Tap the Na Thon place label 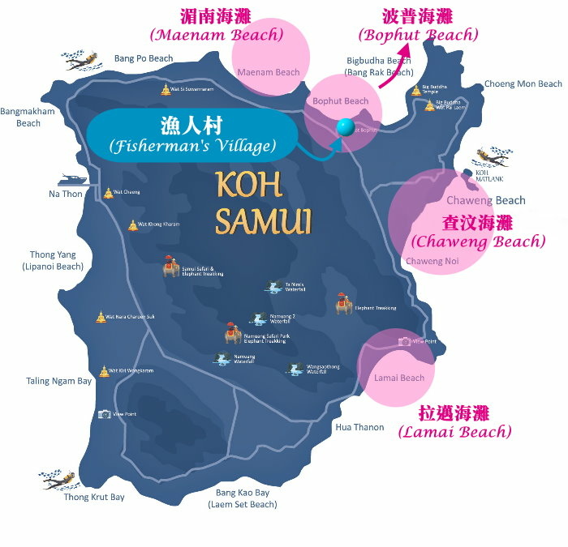point(65,194)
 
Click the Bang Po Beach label point(144,58)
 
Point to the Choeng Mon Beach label point(523,84)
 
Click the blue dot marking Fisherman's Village point(346,127)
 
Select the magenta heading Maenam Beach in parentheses point(216,35)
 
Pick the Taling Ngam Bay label point(59,381)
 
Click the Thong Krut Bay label point(94,497)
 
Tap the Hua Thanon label point(359,427)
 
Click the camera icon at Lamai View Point point(404,341)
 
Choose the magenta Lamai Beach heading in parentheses point(455,432)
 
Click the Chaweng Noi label point(432,261)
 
